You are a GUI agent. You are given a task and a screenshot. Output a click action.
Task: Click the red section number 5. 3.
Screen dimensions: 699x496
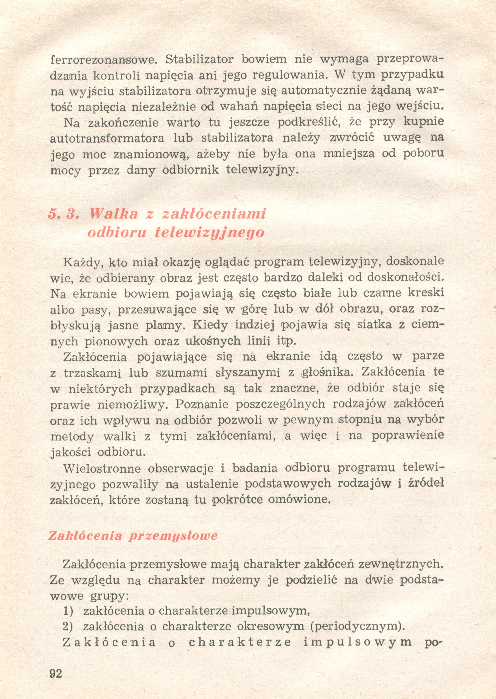click(x=64, y=214)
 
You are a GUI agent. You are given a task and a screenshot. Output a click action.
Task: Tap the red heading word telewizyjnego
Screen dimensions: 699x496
click(x=209, y=233)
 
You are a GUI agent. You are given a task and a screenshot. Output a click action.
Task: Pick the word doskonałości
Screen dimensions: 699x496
click(x=405, y=277)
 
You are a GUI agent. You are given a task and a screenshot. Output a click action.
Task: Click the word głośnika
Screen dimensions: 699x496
click(x=327, y=373)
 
